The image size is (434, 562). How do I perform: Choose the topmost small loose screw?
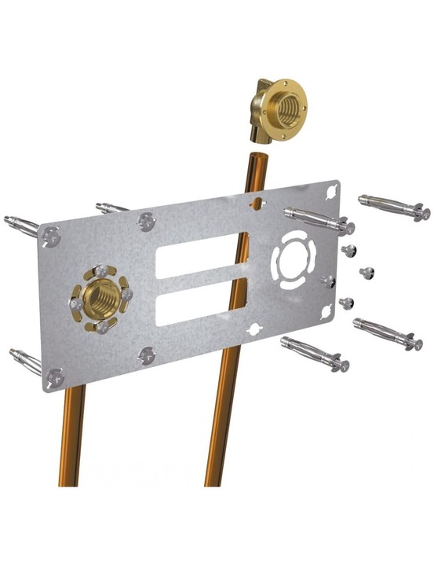(x=349, y=250)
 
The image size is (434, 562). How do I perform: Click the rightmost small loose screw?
(x=366, y=273)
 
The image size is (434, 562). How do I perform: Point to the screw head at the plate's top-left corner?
(x=52, y=234)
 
